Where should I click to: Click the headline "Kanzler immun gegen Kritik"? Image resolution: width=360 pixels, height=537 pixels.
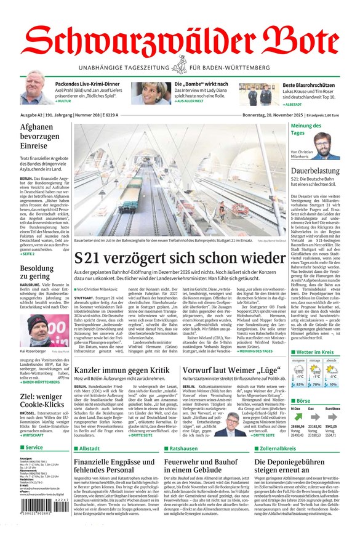pos(121,370)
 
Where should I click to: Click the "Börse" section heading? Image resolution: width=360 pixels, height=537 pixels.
pos(305,400)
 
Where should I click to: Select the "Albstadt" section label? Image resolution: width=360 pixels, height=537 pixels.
pos(89,448)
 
